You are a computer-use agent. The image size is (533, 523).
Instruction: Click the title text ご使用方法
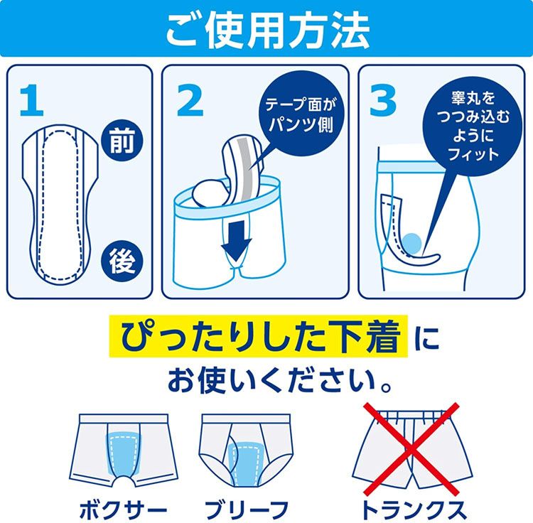[266, 28]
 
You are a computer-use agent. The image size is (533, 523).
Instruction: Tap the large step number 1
[31, 101]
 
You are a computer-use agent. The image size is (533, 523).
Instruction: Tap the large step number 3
[383, 101]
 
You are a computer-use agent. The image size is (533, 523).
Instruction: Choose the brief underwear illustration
[245, 448]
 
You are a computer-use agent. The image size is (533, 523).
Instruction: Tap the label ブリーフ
[245, 507]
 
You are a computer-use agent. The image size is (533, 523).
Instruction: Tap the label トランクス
[412, 507]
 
